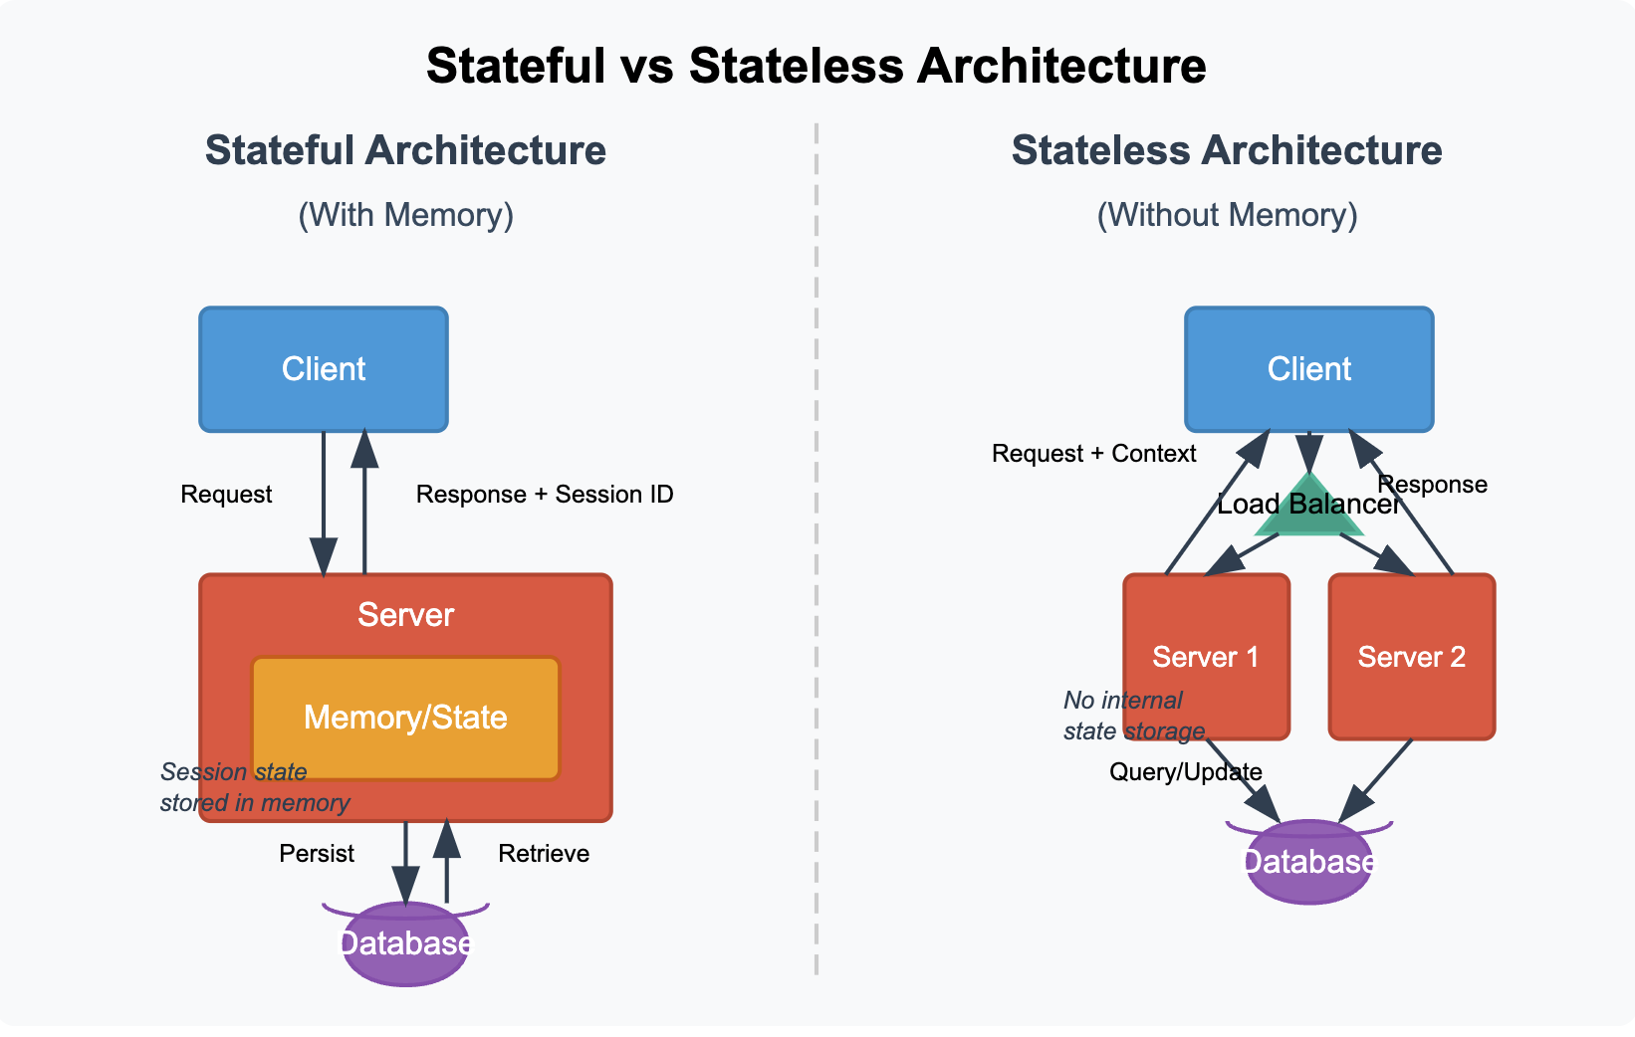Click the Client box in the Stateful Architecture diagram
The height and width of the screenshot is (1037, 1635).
(324, 369)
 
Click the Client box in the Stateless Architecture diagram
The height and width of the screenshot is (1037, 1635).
(1308, 369)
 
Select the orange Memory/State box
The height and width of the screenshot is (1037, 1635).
(405, 718)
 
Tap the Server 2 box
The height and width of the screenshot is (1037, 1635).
(1411, 657)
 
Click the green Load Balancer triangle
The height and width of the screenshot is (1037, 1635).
(1308, 513)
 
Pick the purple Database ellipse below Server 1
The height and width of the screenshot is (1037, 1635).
(1308, 862)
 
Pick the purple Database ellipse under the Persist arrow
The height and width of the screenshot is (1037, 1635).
(405, 944)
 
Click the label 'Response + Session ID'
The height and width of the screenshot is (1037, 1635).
(545, 495)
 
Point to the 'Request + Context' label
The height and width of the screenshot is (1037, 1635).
(1093, 454)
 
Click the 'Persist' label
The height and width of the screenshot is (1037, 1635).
(317, 854)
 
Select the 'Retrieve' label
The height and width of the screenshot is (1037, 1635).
(544, 854)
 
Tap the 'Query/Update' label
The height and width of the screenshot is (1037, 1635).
(1185, 772)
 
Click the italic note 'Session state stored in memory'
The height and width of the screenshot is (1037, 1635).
(254, 787)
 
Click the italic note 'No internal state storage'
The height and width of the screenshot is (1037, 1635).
(1133, 716)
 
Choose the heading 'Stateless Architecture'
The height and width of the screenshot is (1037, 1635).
(1226, 151)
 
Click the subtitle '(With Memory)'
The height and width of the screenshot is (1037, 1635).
(405, 215)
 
